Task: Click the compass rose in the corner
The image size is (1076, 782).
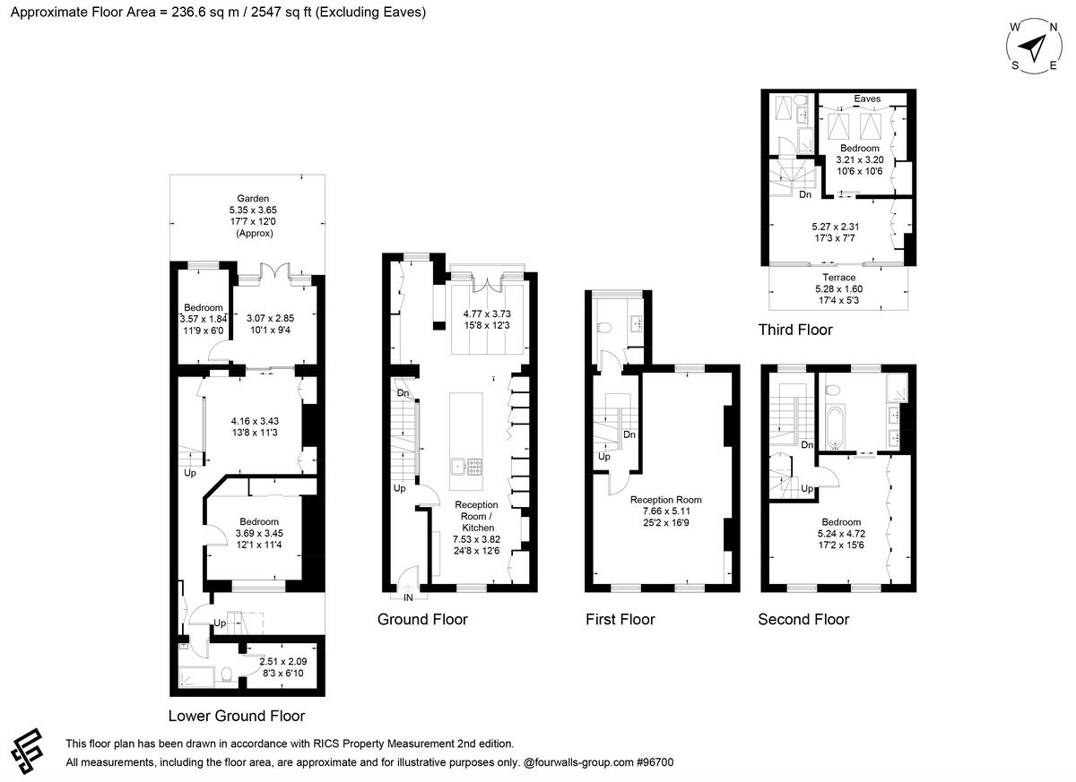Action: click(1036, 45)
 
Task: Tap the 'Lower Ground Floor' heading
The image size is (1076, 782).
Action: click(237, 716)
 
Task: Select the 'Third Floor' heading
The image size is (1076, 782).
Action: click(795, 330)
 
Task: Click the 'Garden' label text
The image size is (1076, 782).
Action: click(253, 199)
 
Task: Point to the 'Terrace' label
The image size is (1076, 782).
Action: click(838, 278)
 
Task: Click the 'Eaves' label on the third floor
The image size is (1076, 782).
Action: click(866, 99)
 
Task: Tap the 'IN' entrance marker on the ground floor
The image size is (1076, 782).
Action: click(408, 597)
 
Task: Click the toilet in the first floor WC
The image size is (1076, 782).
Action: click(606, 329)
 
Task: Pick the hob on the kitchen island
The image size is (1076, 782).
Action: click(474, 465)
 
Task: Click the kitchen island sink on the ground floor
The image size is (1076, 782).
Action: click(457, 465)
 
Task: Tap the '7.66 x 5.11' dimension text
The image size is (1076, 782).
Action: click(665, 511)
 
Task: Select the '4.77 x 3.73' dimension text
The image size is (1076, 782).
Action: click(487, 314)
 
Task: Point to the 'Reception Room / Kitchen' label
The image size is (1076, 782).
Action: click(476, 517)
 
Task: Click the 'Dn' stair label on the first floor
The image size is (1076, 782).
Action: click(629, 434)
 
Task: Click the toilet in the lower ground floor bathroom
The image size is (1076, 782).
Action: click(227, 675)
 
